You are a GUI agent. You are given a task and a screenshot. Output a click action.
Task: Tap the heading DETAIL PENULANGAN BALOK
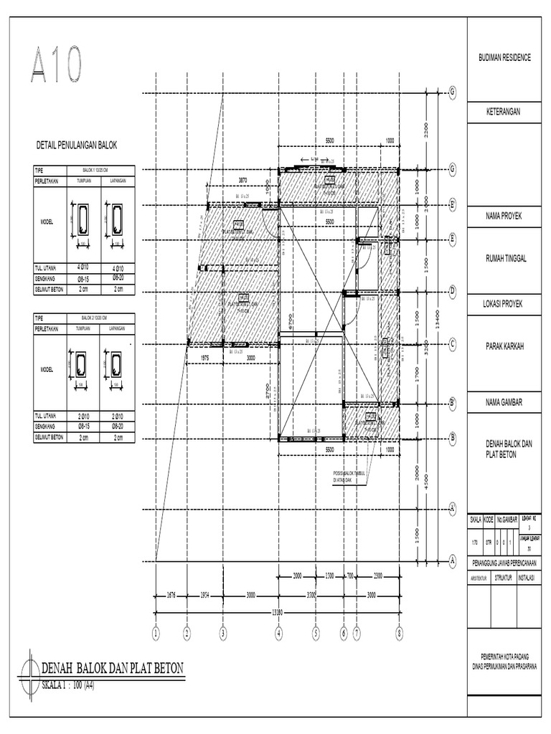pos(76,146)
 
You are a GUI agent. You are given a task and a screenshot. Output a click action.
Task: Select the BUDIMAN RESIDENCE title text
pos(504,57)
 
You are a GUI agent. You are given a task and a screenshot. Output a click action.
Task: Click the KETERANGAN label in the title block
pos(504,113)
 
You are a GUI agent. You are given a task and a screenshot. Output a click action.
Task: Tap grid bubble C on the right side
pos(453,344)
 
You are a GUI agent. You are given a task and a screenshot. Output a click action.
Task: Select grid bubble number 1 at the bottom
pos(155,633)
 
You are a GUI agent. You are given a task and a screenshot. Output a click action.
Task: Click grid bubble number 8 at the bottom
pos(399,633)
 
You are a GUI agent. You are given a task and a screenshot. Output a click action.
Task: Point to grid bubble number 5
pos(315,633)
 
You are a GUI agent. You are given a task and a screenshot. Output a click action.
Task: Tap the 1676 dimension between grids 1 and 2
pos(170,594)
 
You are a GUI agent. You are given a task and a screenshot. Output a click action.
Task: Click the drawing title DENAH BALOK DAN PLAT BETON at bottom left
pos(113,669)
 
